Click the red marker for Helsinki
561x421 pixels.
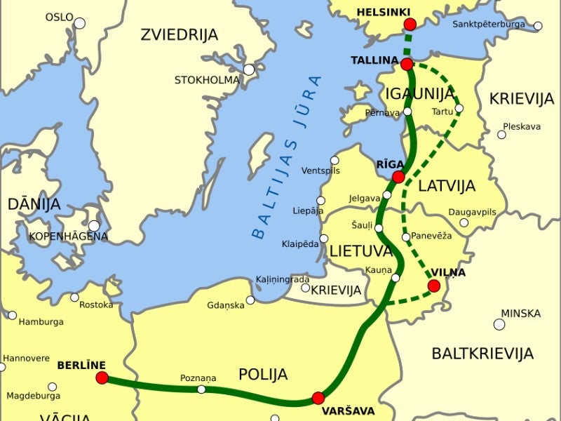(x=410, y=25)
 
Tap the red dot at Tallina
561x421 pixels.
(x=407, y=65)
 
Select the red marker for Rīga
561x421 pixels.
(x=398, y=177)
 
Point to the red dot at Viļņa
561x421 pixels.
(x=434, y=286)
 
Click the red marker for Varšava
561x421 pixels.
(x=318, y=398)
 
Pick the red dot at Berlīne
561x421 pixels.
(x=102, y=378)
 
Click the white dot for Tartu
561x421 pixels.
(x=459, y=108)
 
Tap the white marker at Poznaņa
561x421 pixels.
(x=201, y=389)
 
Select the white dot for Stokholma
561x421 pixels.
(x=249, y=69)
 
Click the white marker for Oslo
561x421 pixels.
(x=79, y=23)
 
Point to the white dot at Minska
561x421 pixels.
(x=499, y=324)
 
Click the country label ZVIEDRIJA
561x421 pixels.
(x=179, y=34)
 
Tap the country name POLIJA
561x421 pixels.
(x=263, y=374)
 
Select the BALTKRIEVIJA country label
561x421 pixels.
(x=482, y=353)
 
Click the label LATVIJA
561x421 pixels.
(x=447, y=186)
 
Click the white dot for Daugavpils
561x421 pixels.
(x=464, y=222)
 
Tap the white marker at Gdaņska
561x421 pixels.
(x=250, y=300)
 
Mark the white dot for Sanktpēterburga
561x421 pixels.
(x=538, y=26)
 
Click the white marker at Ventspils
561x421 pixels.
(x=334, y=161)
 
